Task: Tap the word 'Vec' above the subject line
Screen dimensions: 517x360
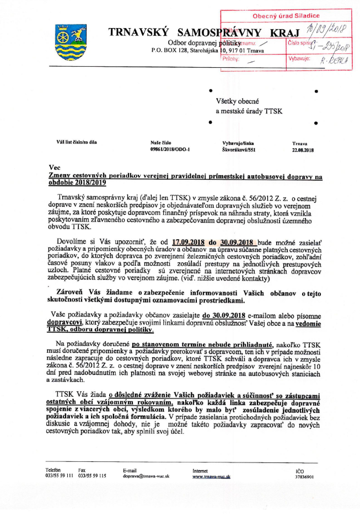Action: point(54,167)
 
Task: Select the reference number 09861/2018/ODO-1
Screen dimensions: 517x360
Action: point(170,149)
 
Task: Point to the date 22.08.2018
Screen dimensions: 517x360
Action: point(302,149)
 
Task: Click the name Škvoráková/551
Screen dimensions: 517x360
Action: point(239,149)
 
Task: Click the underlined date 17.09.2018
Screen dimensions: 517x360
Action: point(189,241)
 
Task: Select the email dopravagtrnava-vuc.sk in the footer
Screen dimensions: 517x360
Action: point(146,475)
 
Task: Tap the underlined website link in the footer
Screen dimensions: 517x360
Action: point(211,475)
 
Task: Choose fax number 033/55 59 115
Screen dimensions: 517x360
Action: point(92,475)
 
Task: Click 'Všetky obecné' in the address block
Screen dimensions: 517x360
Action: point(233,101)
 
